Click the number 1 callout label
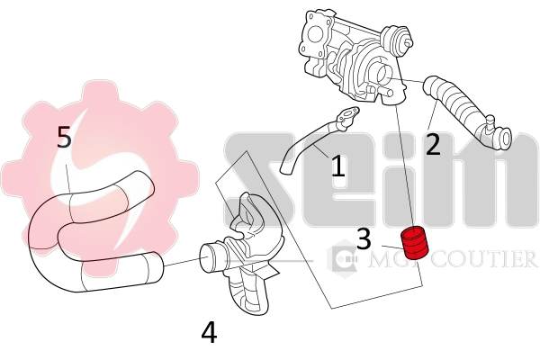pyautogui.click(x=337, y=166)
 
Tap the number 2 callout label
pyautogui.click(x=433, y=144)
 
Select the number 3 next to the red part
pyautogui.click(x=364, y=238)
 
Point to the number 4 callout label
pyautogui.click(x=209, y=333)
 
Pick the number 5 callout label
pyautogui.click(x=64, y=138)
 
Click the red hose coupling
pyautogui.click(x=416, y=242)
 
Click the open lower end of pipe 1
pyautogui.click(x=286, y=168)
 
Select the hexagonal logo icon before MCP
pyautogui.click(x=343, y=260)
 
